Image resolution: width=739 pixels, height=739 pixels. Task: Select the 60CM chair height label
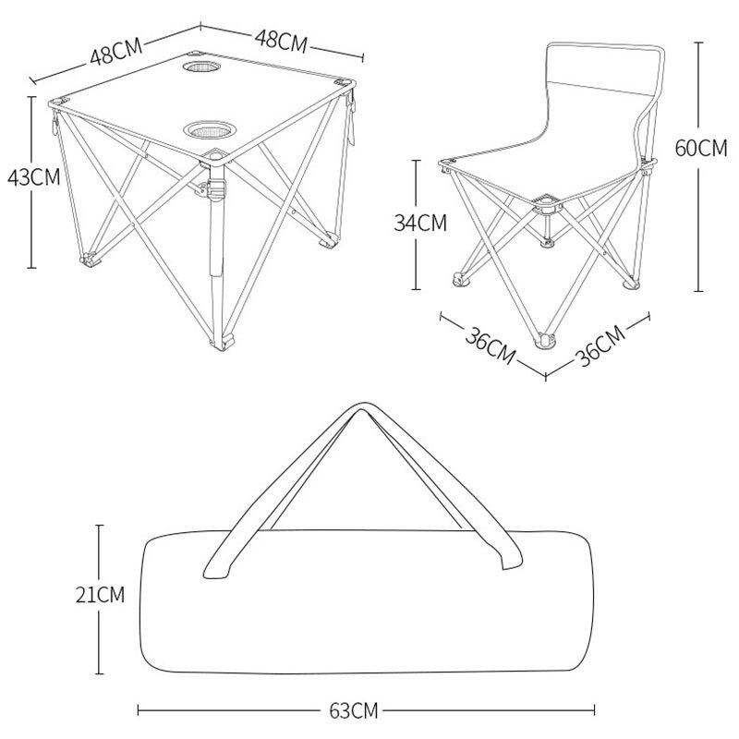[x=701, y=149]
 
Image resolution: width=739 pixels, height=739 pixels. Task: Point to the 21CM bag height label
[x=100, y=595]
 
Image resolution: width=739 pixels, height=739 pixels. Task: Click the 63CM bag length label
[x=352, y=711]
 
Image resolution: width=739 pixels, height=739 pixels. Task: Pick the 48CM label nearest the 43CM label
[x=116, y=50]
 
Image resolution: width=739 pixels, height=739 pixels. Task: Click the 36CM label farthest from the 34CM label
[x=601, y=345]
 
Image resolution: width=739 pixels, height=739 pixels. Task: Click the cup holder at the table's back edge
[x=200, y=69]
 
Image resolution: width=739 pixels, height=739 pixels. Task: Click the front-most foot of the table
[x=221, y=346]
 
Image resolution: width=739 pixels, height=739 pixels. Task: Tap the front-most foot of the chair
[x=545, y=344]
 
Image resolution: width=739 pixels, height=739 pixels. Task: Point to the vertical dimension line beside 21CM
[x=100, y=647]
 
